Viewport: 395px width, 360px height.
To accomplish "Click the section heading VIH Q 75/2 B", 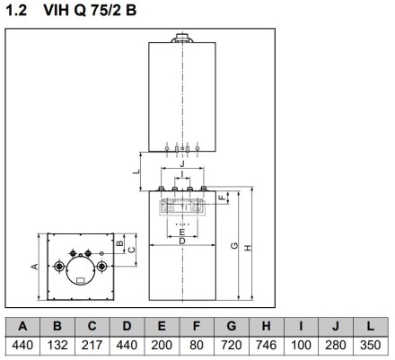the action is click(x=90, y=10).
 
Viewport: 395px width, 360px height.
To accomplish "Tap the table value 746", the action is click(x=266, y=345).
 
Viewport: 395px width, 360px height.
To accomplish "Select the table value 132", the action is click(x=57, y=345).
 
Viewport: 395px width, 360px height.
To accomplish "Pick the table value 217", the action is click(x=92, y=345).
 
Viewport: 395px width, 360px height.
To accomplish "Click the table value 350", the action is click(x=371, y=345).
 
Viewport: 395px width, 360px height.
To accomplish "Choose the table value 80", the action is click(x=197, y=345).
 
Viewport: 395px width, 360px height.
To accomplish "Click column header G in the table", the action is click(x=232, y=326).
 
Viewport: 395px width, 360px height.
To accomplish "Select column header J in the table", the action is click(x=336, y=326).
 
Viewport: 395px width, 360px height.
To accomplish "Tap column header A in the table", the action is click(x=22, y=326).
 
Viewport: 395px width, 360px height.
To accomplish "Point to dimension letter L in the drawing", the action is click(x=136, y=171).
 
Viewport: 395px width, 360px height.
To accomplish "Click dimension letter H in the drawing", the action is click(x=248, y=248).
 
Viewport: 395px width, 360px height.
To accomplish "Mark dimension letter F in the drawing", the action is click(x=222, y=198).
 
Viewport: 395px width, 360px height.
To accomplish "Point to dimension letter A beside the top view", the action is click(x=35, y=266).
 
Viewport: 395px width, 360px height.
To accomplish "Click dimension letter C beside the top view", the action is click(x=131, y=250).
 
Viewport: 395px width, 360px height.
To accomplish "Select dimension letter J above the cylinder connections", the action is click(x=182, y=163).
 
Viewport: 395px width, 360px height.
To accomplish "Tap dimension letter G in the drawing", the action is click(x=234, y=245).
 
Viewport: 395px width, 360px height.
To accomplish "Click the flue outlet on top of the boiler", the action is click(x=182, y=38).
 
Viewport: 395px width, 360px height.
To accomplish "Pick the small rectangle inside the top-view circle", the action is click(x=81, y=280).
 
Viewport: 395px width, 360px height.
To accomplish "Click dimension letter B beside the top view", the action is click(x=119, y=243).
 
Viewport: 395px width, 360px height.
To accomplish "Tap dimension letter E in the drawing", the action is click(x=182, y=232).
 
